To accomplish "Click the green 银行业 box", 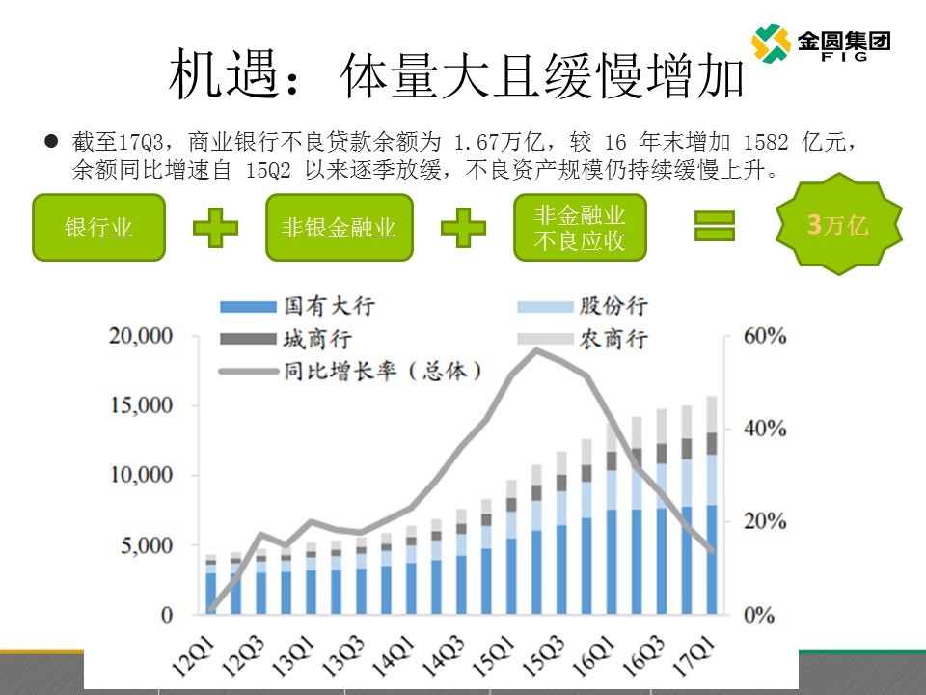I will point(98,228).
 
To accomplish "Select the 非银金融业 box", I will point(340,228).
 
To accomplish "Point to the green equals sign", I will point(716,227).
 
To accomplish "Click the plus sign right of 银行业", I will point(215,228).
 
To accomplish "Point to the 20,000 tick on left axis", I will point(141,336).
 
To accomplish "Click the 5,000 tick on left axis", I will point(147,545).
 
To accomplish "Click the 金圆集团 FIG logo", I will point(820,42).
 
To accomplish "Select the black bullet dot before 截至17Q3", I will point(52,142).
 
